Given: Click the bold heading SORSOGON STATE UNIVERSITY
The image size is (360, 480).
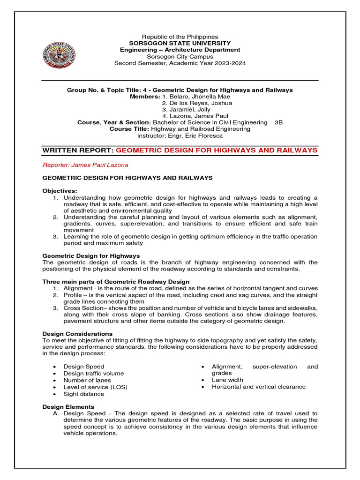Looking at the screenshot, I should point(180,43).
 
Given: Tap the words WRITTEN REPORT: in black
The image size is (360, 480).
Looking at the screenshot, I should point(78,150).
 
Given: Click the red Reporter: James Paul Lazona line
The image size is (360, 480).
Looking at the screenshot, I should point(85,165).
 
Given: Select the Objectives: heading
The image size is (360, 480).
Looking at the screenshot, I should point(60,191).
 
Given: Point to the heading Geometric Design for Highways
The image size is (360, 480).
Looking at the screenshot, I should point(91,255).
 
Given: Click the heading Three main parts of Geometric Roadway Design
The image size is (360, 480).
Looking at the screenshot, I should point(116,281).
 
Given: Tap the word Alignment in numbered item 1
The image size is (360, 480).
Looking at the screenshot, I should point(78,288).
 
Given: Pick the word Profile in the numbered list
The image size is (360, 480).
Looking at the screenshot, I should point(74,295).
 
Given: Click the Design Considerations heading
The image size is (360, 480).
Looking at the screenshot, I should point(77,334).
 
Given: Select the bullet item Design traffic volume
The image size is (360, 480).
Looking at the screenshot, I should point(94,374).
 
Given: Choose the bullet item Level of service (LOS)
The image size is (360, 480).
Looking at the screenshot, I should point(95,387).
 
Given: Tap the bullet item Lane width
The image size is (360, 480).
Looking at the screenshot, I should point(228,380).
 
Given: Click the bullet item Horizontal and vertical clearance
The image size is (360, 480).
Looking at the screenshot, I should point(258,387).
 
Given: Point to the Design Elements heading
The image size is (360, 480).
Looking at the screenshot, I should point(68,406).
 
